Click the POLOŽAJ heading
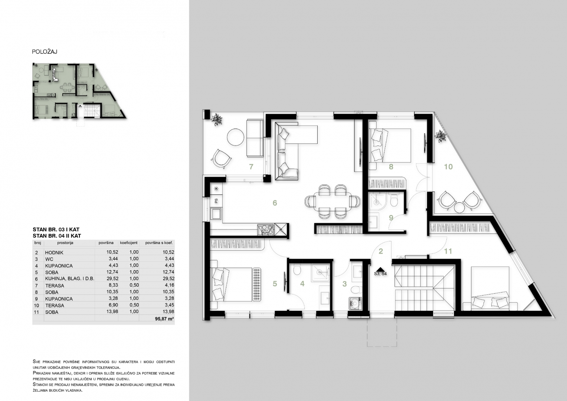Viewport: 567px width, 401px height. click(45, 52)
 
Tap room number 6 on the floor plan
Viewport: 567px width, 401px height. click(275, 203)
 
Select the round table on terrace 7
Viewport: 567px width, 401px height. click(236, 137)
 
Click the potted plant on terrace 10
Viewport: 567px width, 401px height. click(441, 136)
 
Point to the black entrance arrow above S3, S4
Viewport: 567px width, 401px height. click(380, 269)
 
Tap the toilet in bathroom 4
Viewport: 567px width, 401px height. click(297, 270)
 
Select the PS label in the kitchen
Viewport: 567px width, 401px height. click(216, 201)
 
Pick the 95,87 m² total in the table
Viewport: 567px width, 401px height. click(164, 319)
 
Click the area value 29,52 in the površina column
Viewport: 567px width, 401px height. click(112, 278)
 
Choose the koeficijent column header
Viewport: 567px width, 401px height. click(129, 243)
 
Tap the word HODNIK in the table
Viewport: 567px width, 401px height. click(54, 252)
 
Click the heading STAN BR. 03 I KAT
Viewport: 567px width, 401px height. click(56, 229)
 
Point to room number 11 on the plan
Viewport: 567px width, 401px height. click(448, 251)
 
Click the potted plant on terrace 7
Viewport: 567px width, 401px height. click(217, 119)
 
